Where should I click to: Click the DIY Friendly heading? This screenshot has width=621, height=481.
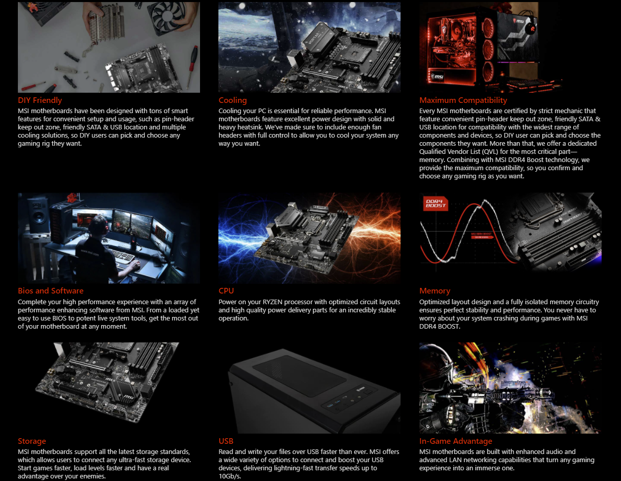coord(40,100)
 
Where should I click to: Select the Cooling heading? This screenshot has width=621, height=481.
coord(233,100)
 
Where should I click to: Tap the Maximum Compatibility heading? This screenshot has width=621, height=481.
coord(463,100)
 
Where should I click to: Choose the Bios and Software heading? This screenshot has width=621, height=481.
coord(51,291)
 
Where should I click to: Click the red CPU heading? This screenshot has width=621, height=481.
coord(226,291)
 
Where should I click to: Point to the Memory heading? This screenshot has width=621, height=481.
coord(435,291)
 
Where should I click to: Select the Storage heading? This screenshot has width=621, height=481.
coord(32,441)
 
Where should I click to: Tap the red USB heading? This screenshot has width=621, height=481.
coord(226,441)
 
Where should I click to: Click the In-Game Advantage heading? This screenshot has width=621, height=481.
coord(456,441)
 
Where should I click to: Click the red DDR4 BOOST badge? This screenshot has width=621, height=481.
coord(435,203)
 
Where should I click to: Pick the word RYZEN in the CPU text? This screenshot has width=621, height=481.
coord(272,302)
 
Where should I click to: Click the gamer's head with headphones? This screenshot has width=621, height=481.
coord(97,225)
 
